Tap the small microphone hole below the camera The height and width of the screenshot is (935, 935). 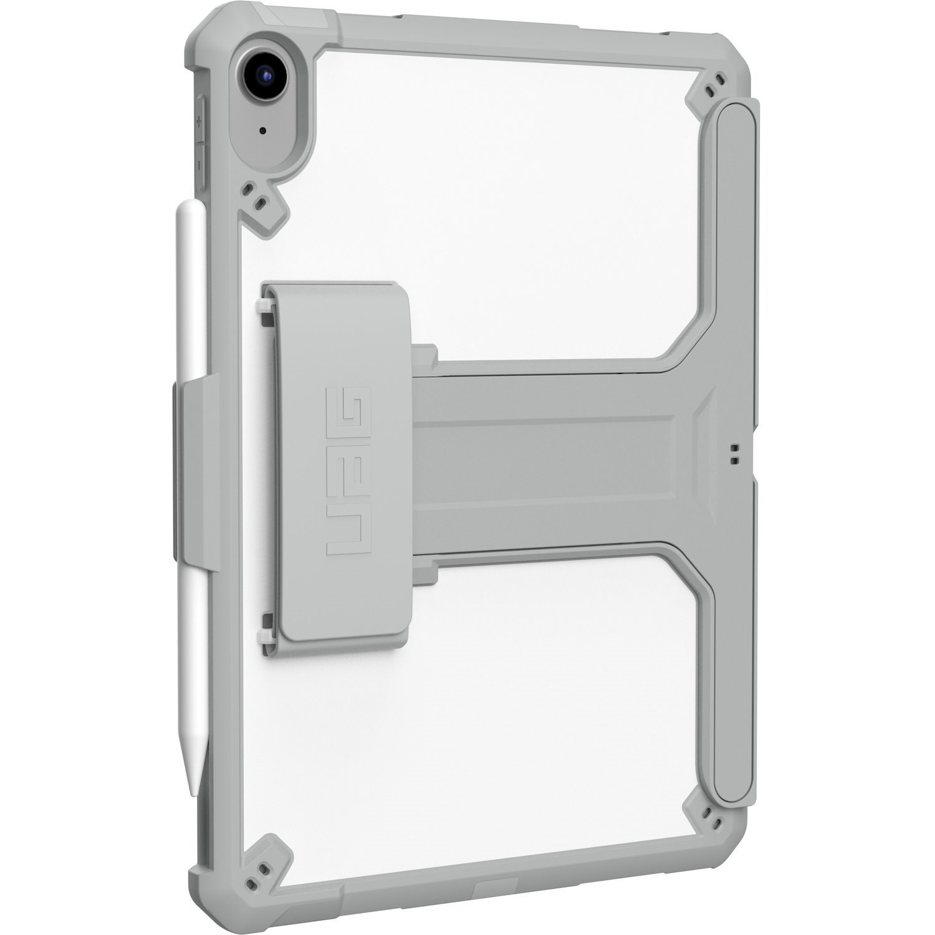[263, 132]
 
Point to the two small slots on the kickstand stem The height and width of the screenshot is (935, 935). [733, 454]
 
